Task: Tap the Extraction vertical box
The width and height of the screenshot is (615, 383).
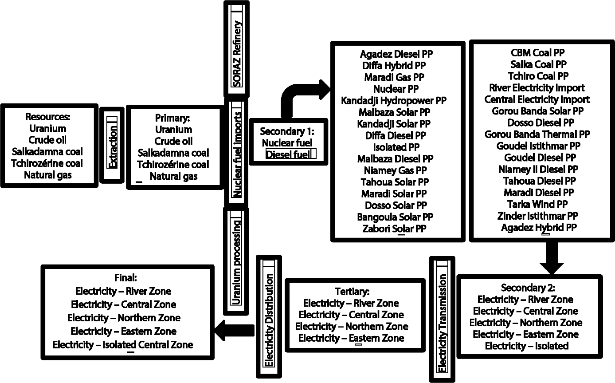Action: click(112, 145)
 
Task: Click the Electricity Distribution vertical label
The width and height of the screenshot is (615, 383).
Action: click(269, 315)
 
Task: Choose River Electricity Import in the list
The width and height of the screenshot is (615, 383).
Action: click(537, 87)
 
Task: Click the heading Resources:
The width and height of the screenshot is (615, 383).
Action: click(48, 117)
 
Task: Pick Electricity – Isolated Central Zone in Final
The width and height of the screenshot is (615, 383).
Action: click(123, 344)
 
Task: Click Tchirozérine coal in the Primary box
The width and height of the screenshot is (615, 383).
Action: click(173, 165)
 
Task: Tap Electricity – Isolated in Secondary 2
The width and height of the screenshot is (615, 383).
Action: click(527, 346)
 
